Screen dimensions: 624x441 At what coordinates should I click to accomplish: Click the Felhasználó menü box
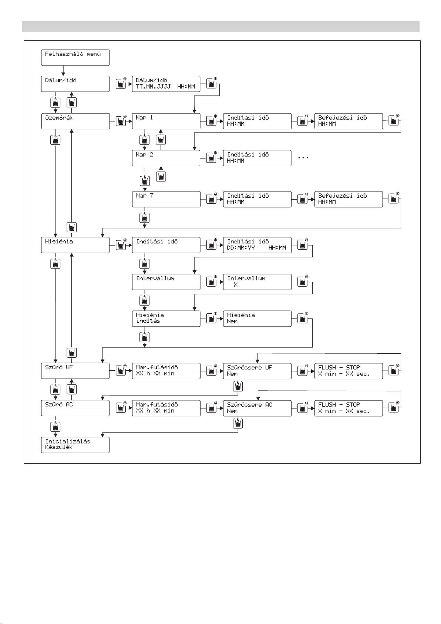tap(75, 57)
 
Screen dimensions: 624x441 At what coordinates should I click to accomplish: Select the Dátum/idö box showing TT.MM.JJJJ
tap(166, 84)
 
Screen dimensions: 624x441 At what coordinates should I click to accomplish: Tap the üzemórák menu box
tap(75, 121)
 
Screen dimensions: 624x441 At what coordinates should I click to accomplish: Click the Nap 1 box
tap(166, 121)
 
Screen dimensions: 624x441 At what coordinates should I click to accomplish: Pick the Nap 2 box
tap(166, 158)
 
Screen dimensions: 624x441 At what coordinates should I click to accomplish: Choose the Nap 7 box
tap(166, 199)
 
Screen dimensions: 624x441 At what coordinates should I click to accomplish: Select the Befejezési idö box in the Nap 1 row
tap(348, 121)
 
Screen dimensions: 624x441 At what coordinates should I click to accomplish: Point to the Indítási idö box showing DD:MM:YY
tap(257, 245)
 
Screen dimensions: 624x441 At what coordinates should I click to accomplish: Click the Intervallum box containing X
tap(257, 282)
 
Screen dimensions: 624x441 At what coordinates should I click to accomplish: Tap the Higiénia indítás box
tap(166, 318)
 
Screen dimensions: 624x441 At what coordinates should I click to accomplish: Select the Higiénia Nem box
tap(257, 318)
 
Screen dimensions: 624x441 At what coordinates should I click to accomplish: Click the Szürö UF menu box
tap(75, 371)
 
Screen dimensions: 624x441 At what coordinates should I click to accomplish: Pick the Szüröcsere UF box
tap(257, 371)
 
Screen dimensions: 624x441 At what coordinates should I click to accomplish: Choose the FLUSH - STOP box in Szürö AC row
tap(348, 408)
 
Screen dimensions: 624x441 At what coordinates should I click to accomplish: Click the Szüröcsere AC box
tap(257, 408)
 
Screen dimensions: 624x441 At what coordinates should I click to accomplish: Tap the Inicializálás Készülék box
tap(75, 445)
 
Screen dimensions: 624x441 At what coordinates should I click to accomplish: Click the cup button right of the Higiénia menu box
tap(121, 245)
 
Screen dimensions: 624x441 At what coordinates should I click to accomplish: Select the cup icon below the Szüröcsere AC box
tap(238, 423)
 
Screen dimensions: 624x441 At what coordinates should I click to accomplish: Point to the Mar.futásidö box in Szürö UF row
tap(166, 371)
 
